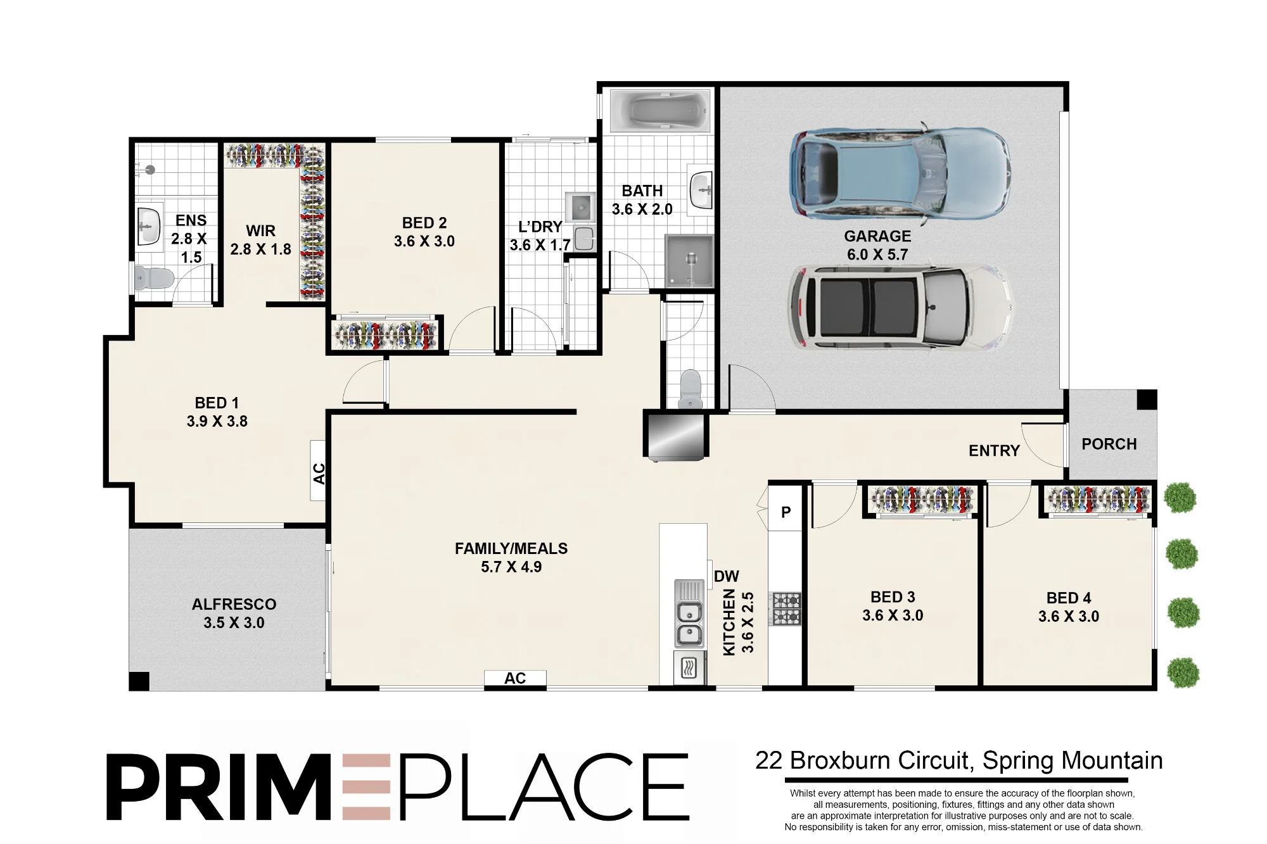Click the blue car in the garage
tap(900, 173)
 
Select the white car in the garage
tap(900, 308)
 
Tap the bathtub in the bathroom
tap(659, 111)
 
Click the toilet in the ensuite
tap(153, 278)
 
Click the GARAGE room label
tap(877, 236)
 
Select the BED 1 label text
tap(217, 403)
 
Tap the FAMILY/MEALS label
tap(511, 548)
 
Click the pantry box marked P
tap(786, 512)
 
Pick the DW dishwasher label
tap(726, 576)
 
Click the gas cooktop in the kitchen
tap(785, 608)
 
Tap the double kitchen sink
tap(689, 624)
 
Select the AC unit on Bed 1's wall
tap(318, 471)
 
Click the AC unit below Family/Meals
tap(515, 678)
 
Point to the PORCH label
tap(1109, 444)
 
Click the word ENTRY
tap(994, 451)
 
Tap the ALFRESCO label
tap(234, 604)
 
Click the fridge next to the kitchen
tap(675, 435)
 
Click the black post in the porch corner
tap(1147, 400)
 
